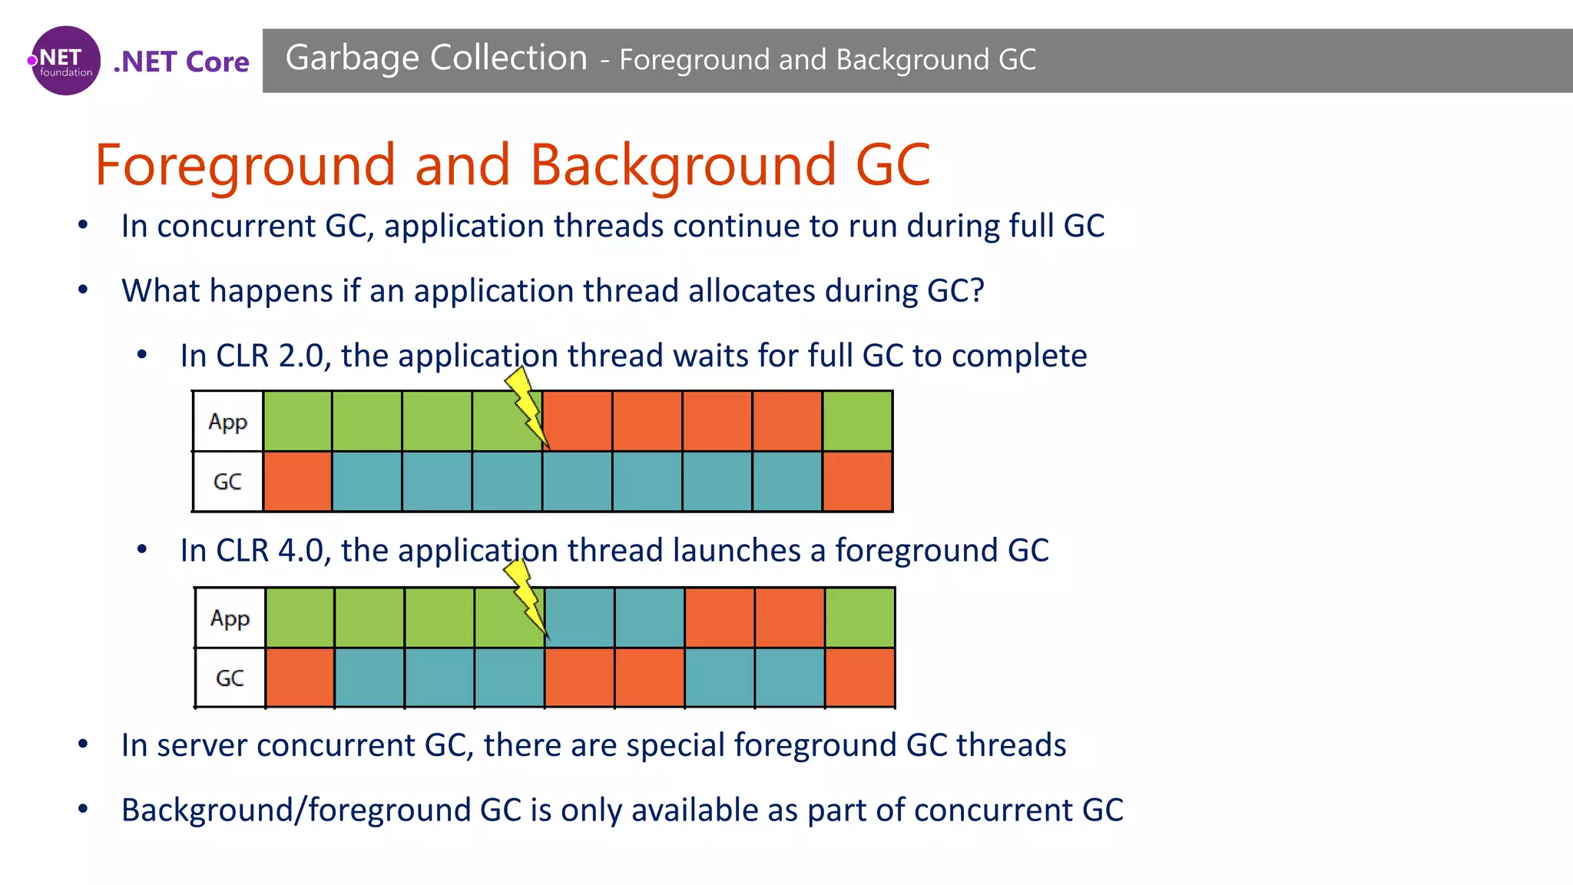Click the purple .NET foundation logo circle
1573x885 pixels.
pos(65,61)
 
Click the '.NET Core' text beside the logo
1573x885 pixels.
pos(181,61)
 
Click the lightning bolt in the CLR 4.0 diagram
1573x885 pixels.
pos(525,597)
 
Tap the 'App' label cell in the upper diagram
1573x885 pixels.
pos(227,421)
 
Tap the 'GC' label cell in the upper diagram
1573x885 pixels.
pos(227,482)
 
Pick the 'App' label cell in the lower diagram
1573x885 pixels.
pos(230,618)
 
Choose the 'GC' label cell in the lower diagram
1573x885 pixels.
pos(230,678)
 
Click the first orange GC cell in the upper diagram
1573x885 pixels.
pos(297,482)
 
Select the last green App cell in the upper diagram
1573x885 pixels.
pos(857,421)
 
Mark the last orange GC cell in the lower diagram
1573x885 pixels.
pos(859,678)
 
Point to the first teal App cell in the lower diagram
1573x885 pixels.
pos(579,618)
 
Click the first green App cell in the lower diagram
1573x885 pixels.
pos(300,618)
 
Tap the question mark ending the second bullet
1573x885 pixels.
pos(976,290)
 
